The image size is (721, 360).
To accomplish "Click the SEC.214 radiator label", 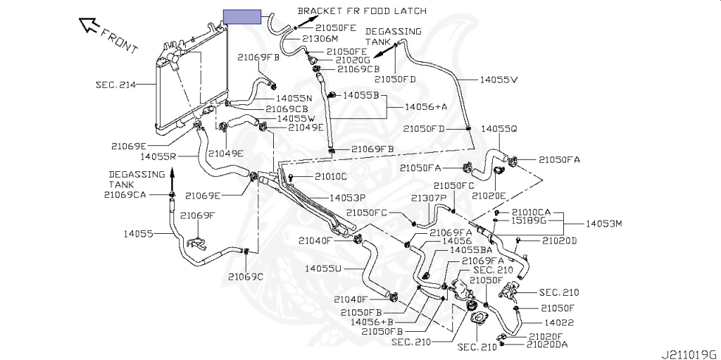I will coord(115,84).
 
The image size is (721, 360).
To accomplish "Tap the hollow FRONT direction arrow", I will coord(90,26).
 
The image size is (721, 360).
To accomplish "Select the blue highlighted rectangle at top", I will coord(242,17).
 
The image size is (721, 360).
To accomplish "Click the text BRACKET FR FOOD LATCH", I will coord(362,11).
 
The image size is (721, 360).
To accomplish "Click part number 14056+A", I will coord(426,106).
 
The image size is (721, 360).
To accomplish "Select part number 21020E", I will coord(489,194).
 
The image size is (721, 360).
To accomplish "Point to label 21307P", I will coord(429,198).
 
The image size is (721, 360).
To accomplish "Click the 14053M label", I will coord(604,224).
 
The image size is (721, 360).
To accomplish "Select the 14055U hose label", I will coord(323,268).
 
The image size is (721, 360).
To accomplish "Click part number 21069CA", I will coord(125,194).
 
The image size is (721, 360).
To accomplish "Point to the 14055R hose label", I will coord(158,156).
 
